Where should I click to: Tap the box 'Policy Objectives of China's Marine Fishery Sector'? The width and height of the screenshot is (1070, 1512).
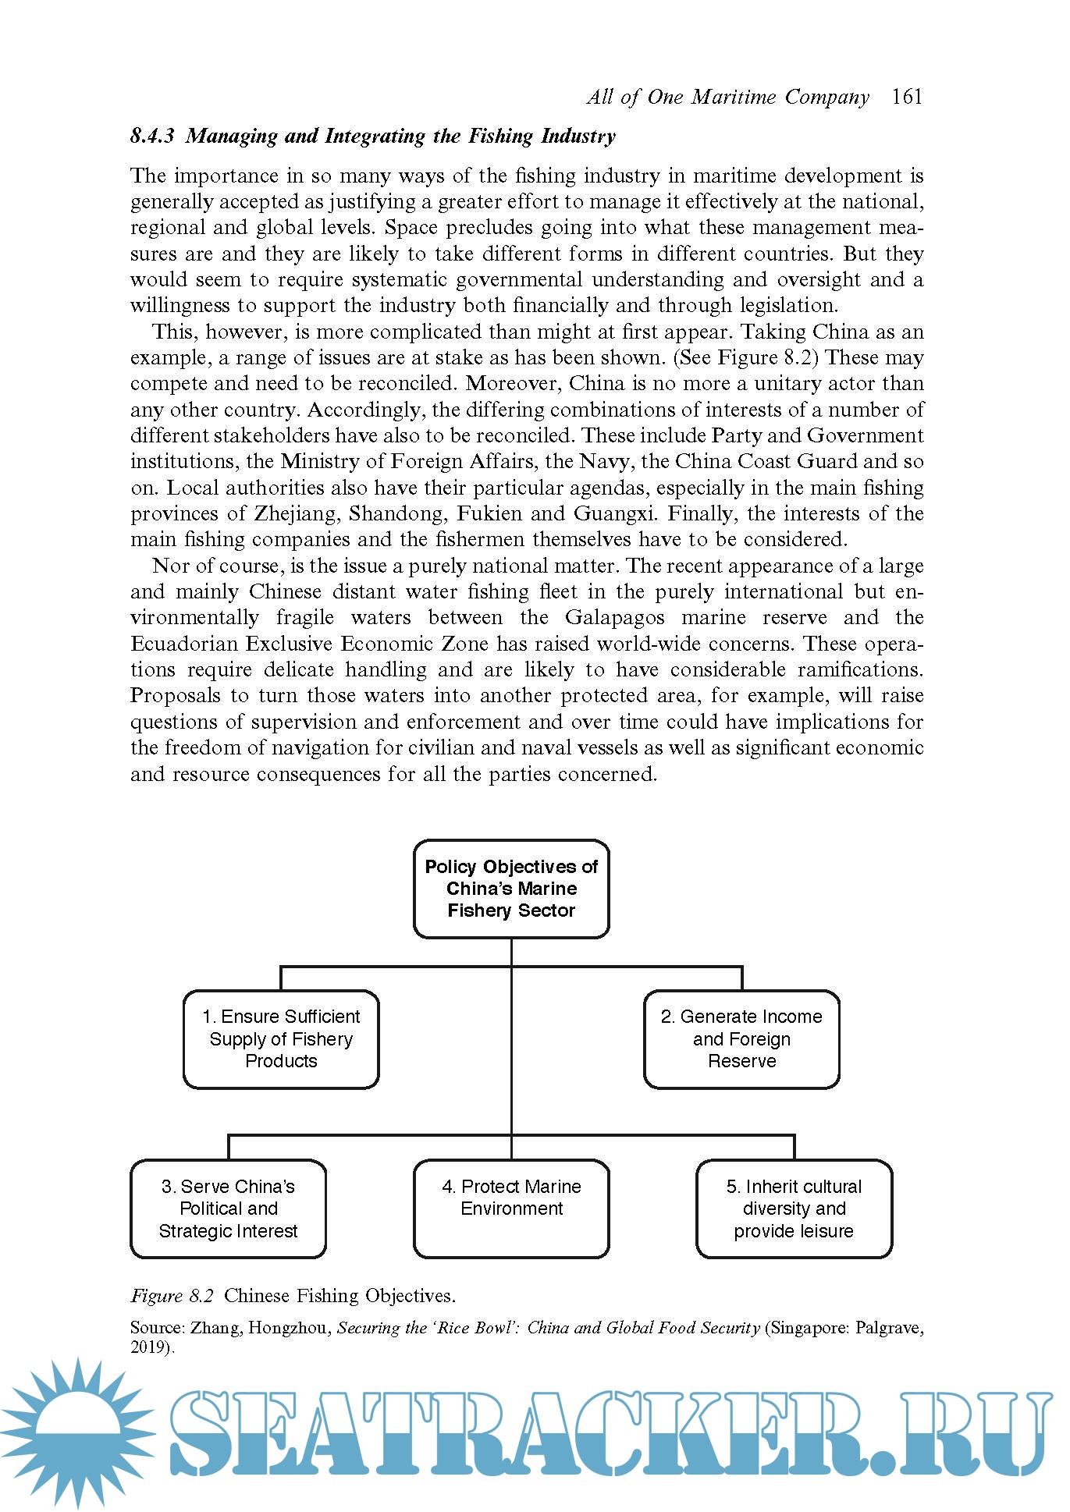coord(511,889)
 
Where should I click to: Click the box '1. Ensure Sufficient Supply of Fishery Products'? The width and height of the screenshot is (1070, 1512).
coord(281,1038)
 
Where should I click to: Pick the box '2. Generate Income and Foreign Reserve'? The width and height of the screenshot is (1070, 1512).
coord(741,1038)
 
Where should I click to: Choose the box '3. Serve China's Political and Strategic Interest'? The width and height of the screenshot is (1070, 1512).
coord(228,1209)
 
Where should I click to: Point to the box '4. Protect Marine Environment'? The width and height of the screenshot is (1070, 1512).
coord(511,1209)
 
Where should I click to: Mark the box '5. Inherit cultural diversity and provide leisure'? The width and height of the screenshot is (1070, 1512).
coord(794,1209)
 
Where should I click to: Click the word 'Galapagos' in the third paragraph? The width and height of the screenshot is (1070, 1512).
coord(615,617)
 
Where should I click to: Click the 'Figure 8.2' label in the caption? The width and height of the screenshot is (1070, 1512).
coord(172,1296)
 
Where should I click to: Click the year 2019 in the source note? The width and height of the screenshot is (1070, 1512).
coord(149,1347)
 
